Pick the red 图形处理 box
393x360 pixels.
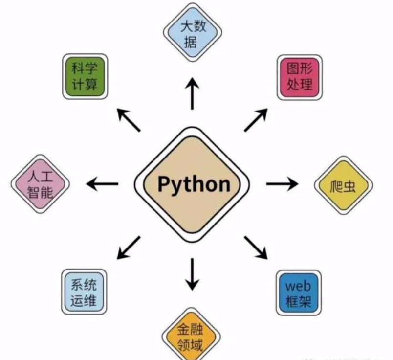tap(300, 77)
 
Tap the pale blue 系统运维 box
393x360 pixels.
tap(84, 292)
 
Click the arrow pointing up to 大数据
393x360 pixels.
tap(192, 93)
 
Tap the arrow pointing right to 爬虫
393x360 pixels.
tap(282, 184)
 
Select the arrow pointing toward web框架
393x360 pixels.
tap(256, 247)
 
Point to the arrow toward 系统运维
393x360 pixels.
tap(129, 247)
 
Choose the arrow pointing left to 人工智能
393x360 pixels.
tap(103, 184)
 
